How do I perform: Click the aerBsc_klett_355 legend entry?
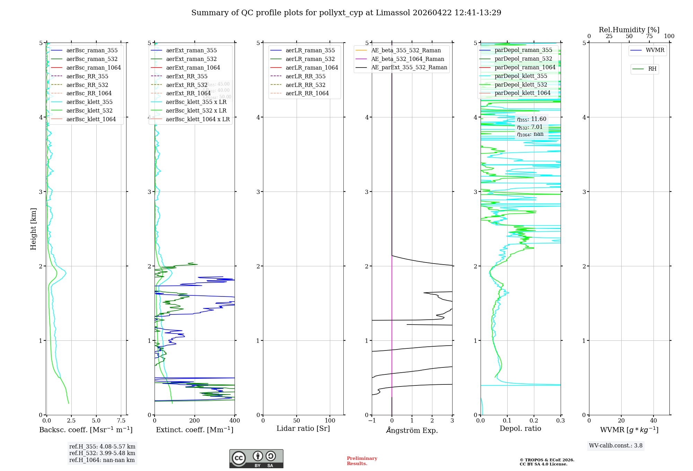[89, 102]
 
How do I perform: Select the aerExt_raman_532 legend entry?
[191, 59]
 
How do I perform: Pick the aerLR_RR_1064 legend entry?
[307, 94]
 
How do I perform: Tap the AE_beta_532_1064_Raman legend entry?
[407, 59]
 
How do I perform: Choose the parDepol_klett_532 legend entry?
[520, 85]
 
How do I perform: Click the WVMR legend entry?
[655, 50]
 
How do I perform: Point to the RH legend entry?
[652, 69]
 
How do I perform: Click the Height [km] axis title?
[33, 229]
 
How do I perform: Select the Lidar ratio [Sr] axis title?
[303, 429]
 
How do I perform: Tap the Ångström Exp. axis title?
[412, 430]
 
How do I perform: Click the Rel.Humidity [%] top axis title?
[629, 30]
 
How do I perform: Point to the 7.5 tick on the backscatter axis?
[121, 421]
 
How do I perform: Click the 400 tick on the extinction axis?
[235, 421]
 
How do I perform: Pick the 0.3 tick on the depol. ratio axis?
[560, 421]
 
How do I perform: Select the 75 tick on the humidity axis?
[649, 36]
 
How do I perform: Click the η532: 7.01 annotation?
[529, 127]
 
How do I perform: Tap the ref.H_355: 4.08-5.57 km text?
[102, 447]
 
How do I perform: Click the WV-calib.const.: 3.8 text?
[615, 446]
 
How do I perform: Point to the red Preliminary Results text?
[362, 461]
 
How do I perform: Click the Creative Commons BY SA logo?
[256, 459]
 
